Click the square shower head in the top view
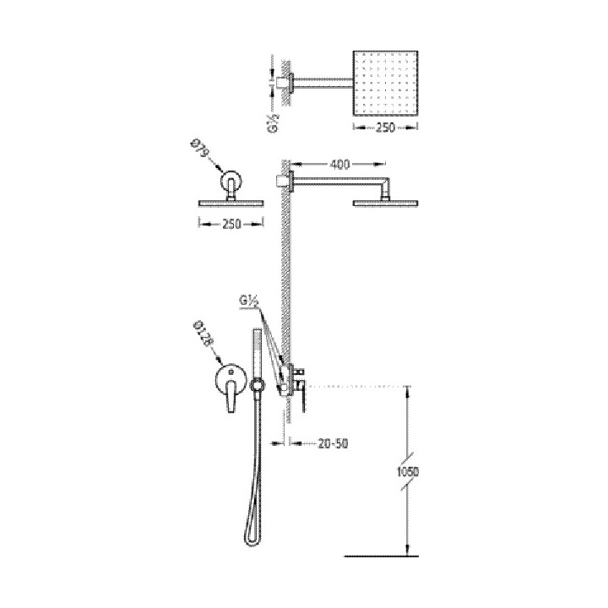pos(385,82)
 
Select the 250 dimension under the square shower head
pos(385,128)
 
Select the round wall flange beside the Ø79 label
pos(231,183)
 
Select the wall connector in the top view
pos(284,81)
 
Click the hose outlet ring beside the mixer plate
pos(258,386)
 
